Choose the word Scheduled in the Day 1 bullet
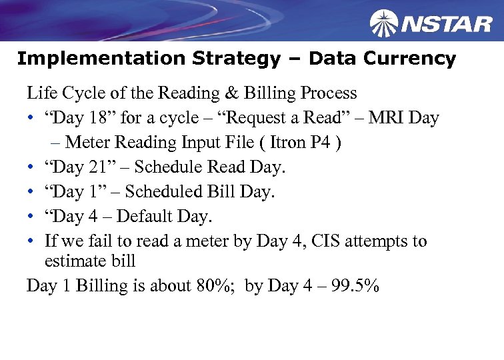(167, 192)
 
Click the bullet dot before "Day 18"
(31, 119)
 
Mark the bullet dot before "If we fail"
(31, 241)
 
